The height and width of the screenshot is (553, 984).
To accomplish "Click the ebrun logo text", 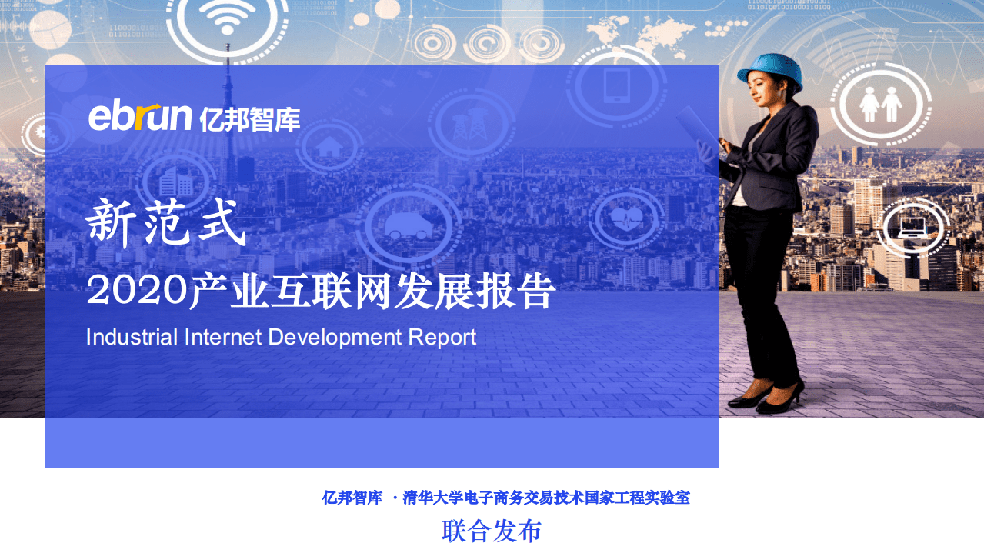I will (x=139, y=117).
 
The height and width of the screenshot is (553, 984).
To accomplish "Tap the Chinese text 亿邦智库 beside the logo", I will (x=249, y=119).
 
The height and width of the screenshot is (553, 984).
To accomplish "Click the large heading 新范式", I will (x=166, y=223).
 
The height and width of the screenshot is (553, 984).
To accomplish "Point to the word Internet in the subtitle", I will (x=224, y=337).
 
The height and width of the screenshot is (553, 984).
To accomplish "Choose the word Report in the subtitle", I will (x=442, y=338).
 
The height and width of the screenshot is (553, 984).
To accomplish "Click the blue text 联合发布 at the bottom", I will (x=492, y=531).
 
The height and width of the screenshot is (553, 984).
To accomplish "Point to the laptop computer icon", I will (x=912, y=226).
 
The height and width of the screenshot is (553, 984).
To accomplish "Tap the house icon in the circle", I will (x=329, y=145).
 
